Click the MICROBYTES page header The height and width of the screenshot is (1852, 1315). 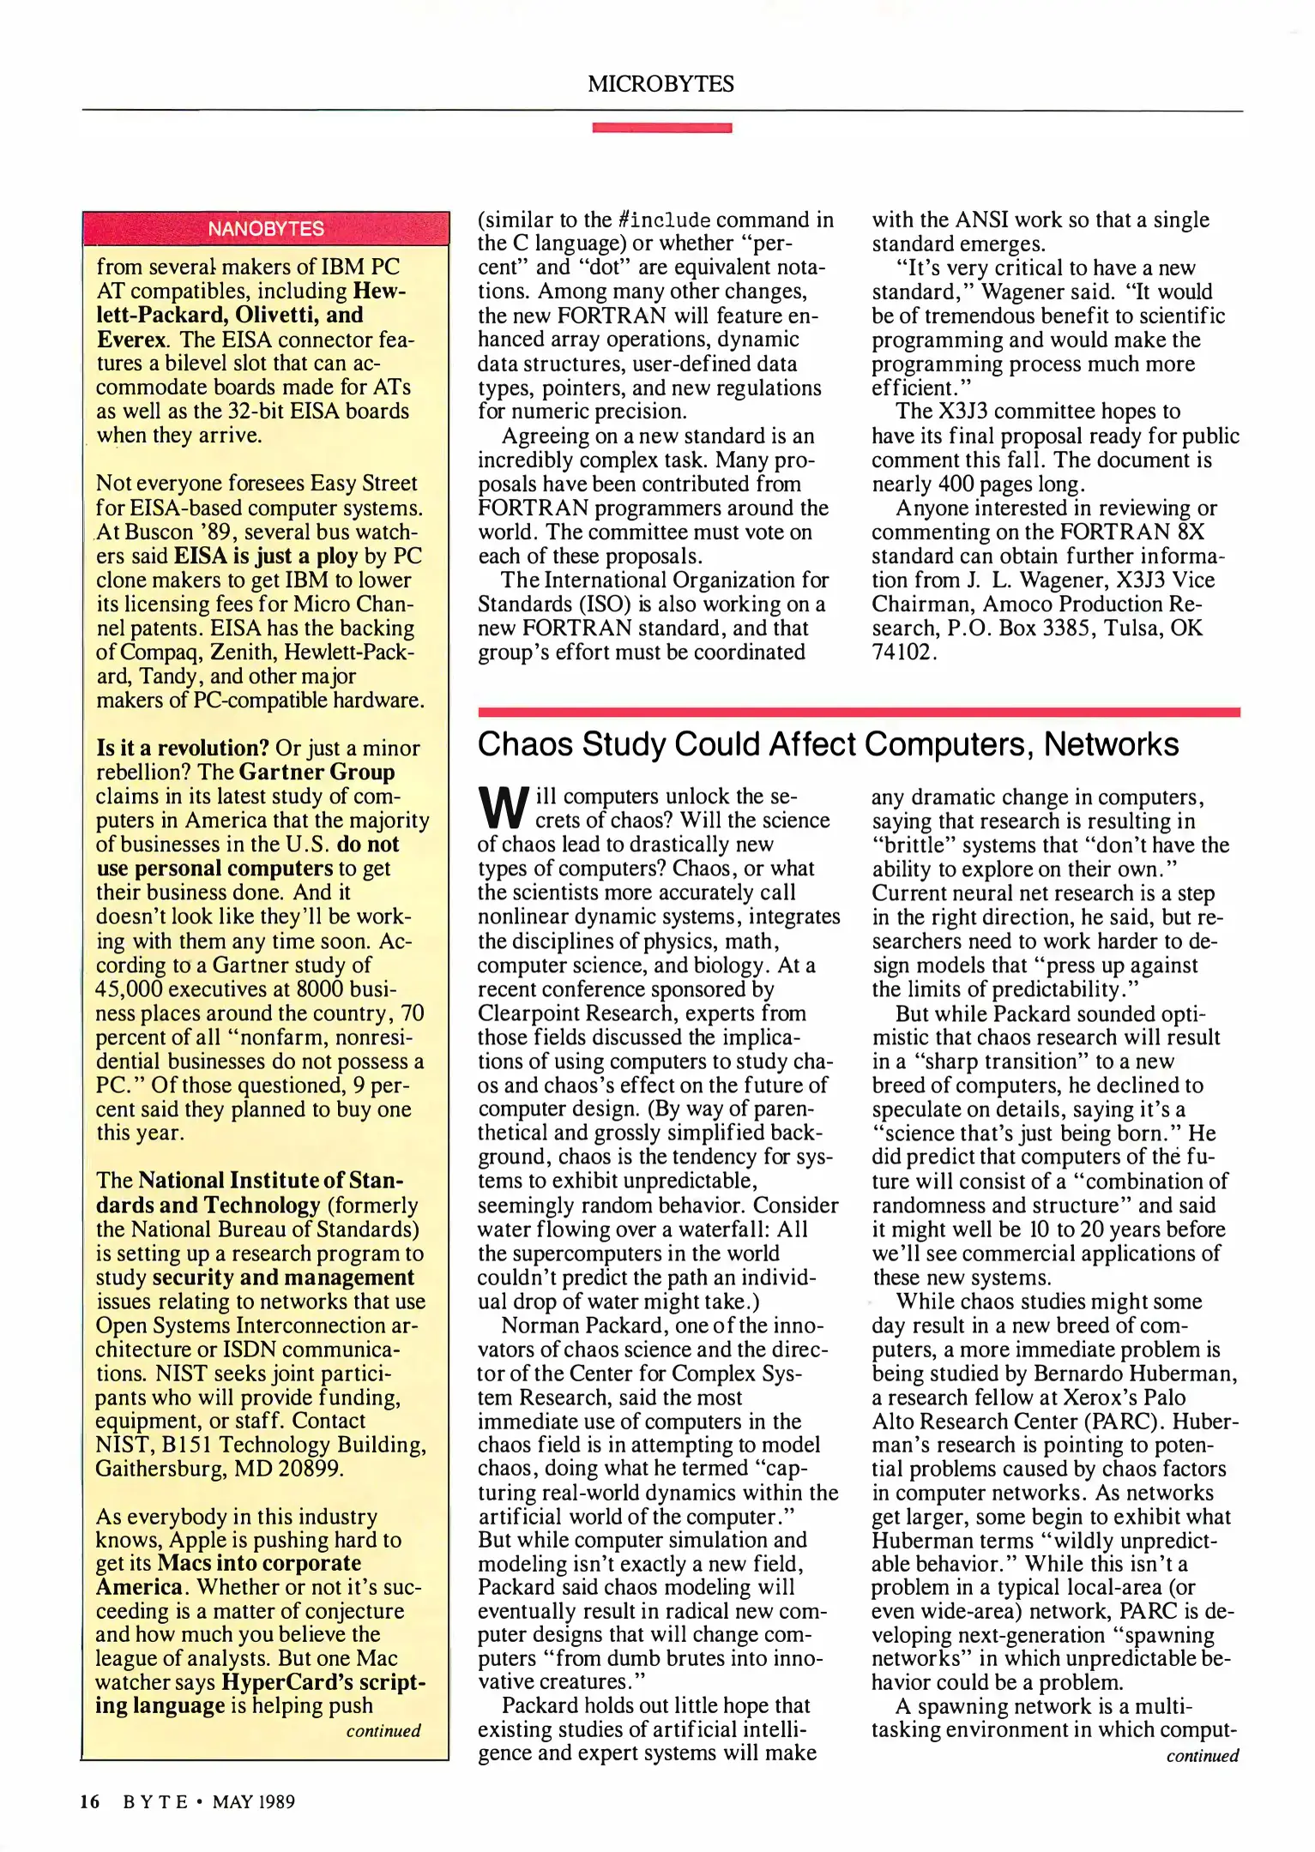[661, 84]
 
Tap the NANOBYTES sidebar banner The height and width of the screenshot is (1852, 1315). [266, 229]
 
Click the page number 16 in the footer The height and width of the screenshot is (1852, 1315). [90, 1801]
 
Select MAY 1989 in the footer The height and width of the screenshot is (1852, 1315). [253, 1801]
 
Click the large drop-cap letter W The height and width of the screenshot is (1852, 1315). [503, 808]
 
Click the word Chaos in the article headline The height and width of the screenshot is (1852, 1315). [525, 744]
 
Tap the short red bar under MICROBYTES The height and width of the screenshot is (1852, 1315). [661, 128]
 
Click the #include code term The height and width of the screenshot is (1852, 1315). [664, 220]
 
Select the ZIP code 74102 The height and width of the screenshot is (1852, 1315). [901, 652]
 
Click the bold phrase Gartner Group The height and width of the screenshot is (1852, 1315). [317, 773]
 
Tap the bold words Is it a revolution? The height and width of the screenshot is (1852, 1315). [183, 749]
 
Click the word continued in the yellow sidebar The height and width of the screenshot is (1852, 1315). [383, 1730]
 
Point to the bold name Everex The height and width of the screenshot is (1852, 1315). [130, 340]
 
